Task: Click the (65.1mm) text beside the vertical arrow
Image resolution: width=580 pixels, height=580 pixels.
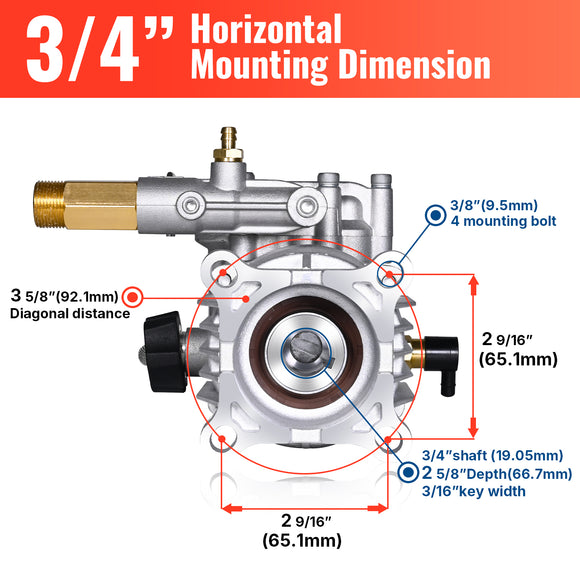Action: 519,358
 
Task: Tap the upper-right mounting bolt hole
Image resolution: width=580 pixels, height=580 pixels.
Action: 388,273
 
